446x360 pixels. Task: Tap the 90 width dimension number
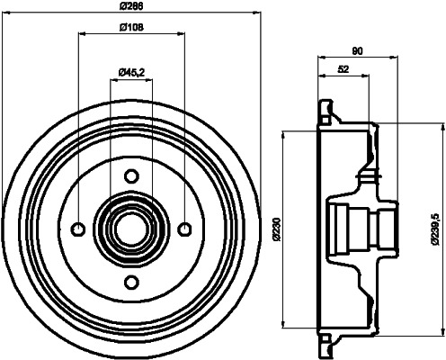click(x=357, y=51)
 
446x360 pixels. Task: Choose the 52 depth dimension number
click(x=343, y=69)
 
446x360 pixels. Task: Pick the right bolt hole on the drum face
click(x=185, y=227)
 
